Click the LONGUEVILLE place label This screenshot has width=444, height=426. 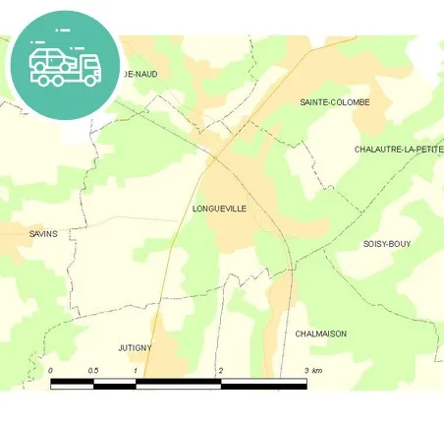pyautogui.click(x=220, y=209)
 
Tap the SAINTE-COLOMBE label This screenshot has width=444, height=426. pyautogui.click(x=335, y=102)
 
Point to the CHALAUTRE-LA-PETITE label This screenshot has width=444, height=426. pyautogui.click(x=399, y=150)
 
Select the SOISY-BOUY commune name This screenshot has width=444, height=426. pyautogui.click(x=387, y=243)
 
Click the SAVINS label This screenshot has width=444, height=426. pyautogui.click(x=43, y=233)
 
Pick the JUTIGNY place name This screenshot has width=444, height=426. pyautogui.click(x=135, y=348)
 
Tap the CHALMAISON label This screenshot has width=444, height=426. pyautogui.click(x=320, y=334)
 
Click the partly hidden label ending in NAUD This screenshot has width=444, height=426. pyautogui.click(x=139, y=74)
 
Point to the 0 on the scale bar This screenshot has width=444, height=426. pyautogui.click(x=50, y=370)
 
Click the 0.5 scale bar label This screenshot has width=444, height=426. pyautogui.click(x=92, y=370)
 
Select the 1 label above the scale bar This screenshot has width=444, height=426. pyautogui.click(x=135, y=370)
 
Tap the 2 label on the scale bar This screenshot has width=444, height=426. pyautogui.click(x=221, y=370)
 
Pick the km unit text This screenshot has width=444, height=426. pyautogui.click(x=316, y=370)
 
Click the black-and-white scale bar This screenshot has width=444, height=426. pyautogui.click(x=178, y=382)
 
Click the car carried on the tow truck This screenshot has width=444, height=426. pyautogui.click(x=49, y=57)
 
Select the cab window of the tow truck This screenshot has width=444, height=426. pyautogui.click(x=87, y=60)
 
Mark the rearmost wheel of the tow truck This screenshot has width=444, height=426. pyautogui.click(x=40, y=78)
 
